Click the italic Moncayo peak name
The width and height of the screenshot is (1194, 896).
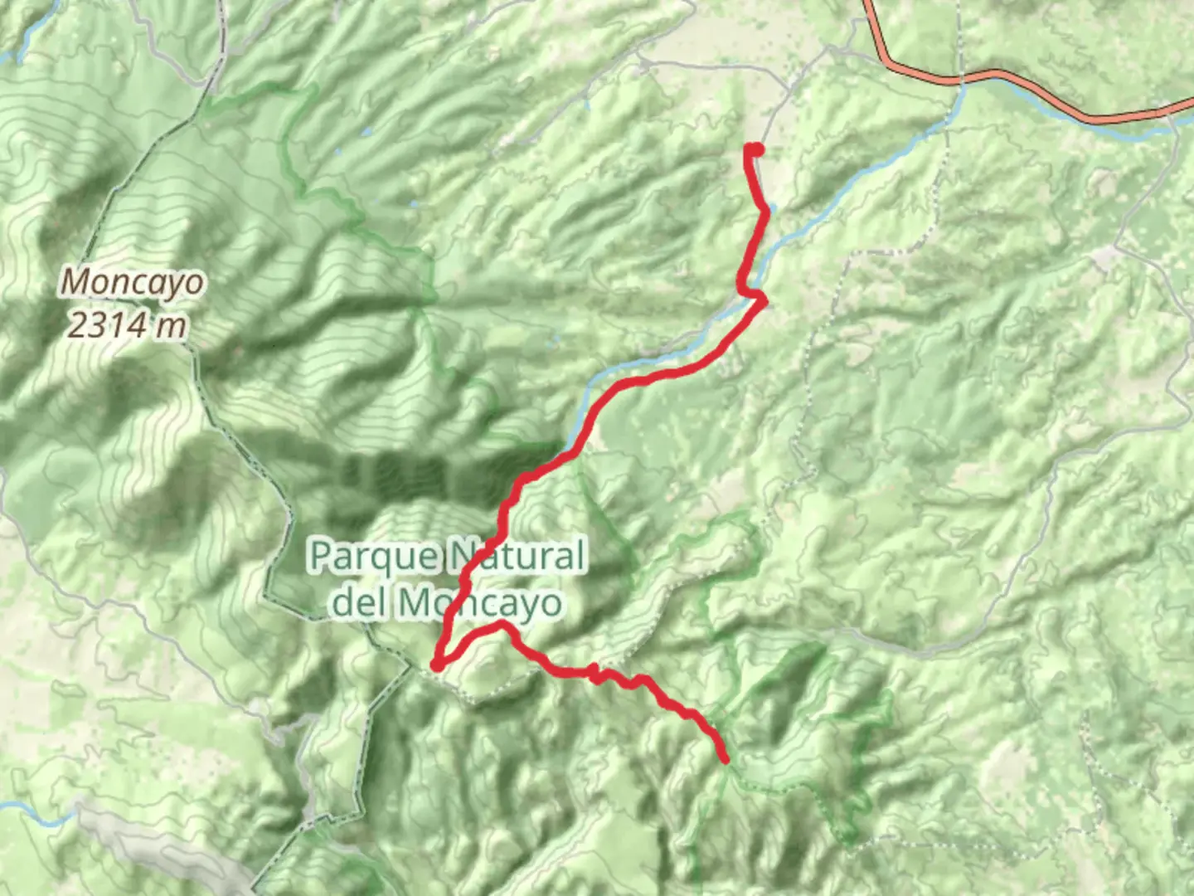click(132, 283)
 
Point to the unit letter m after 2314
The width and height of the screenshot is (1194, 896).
click(172, 326)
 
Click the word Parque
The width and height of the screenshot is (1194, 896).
click(371, 556)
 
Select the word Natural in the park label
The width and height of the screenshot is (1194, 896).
click(517, 556)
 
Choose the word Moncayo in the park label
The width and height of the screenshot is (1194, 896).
click(481, 603)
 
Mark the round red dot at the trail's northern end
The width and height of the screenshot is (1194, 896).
click(755, 150)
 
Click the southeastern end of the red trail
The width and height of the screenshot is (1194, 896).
click(726, 759)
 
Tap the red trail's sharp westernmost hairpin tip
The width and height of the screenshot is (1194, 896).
click(435, 665)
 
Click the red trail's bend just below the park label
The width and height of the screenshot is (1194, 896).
click(501, 624)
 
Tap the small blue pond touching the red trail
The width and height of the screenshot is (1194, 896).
click(771, 208)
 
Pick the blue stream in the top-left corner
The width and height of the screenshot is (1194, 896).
click(25, 41)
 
